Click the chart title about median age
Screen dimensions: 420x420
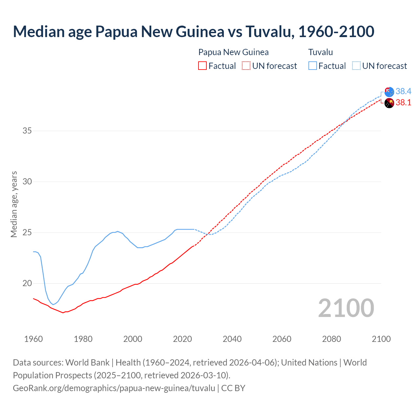[194, 31]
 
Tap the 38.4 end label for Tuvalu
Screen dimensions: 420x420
[403, 91]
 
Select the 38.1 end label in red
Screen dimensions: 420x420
[403, 103]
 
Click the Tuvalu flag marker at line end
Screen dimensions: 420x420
[389, 92]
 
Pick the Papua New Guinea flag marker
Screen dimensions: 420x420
[389, 103]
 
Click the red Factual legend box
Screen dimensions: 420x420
[202, 66]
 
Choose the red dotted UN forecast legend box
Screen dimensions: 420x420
[246, 66]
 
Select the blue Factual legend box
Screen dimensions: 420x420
[313, 66]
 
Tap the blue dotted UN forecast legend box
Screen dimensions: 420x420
[356, 66]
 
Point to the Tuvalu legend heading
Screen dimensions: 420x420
[321, 52]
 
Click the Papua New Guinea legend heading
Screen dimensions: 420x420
[233, 52]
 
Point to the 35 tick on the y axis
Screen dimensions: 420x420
[27, 131]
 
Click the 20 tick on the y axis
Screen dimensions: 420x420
[27, 283]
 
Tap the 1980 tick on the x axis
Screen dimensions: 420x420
[83, 339]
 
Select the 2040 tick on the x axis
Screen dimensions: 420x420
[232, 339]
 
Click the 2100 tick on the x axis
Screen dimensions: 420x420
[381, 339]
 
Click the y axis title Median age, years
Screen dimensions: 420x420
[14, 204]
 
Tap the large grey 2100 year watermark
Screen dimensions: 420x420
[346, 308]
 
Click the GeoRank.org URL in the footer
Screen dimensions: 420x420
[114, 388]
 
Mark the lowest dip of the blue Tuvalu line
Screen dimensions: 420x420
[53, 304]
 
